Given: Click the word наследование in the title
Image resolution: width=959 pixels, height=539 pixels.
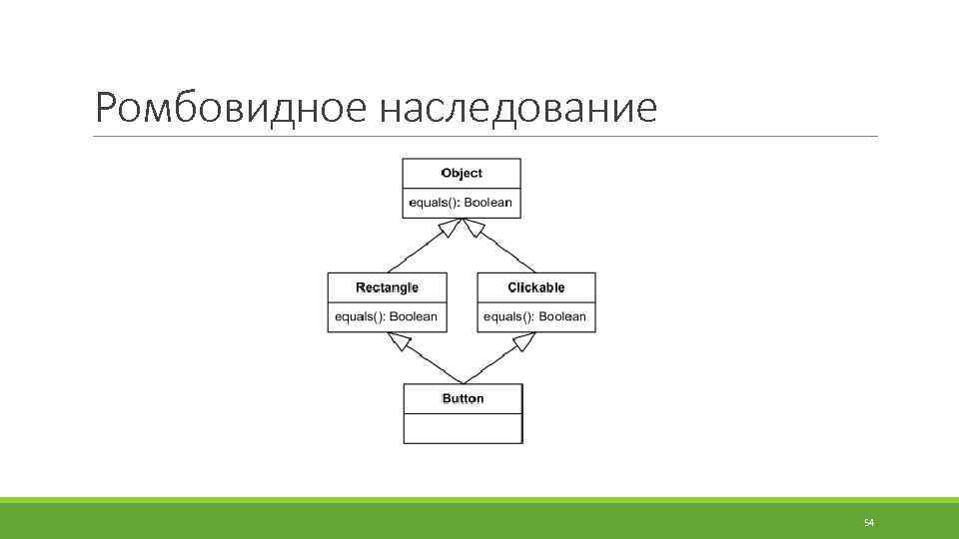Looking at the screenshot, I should pos(517,107).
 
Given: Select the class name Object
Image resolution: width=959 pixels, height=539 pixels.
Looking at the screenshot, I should pos(462,174).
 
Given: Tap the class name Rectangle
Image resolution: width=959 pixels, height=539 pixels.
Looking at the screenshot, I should pos(387,287).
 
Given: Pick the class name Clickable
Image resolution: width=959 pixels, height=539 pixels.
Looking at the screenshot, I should pos(536,287).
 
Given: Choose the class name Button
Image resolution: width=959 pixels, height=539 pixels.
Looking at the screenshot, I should pos(463,398).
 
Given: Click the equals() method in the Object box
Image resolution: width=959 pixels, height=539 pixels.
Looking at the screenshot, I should pos(435,203).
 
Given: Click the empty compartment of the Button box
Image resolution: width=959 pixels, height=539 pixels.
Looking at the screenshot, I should pos(463,427).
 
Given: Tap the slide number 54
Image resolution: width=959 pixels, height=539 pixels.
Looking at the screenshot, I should pos(868,523).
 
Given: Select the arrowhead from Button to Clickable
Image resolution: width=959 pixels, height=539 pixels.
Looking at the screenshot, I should pos(523,342).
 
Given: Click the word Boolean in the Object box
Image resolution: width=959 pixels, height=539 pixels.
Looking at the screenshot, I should pos(487,203).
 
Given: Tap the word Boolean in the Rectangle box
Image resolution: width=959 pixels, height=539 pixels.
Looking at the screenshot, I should pos(413,317).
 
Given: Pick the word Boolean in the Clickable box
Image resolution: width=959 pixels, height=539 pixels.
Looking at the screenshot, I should pos(562,317).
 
